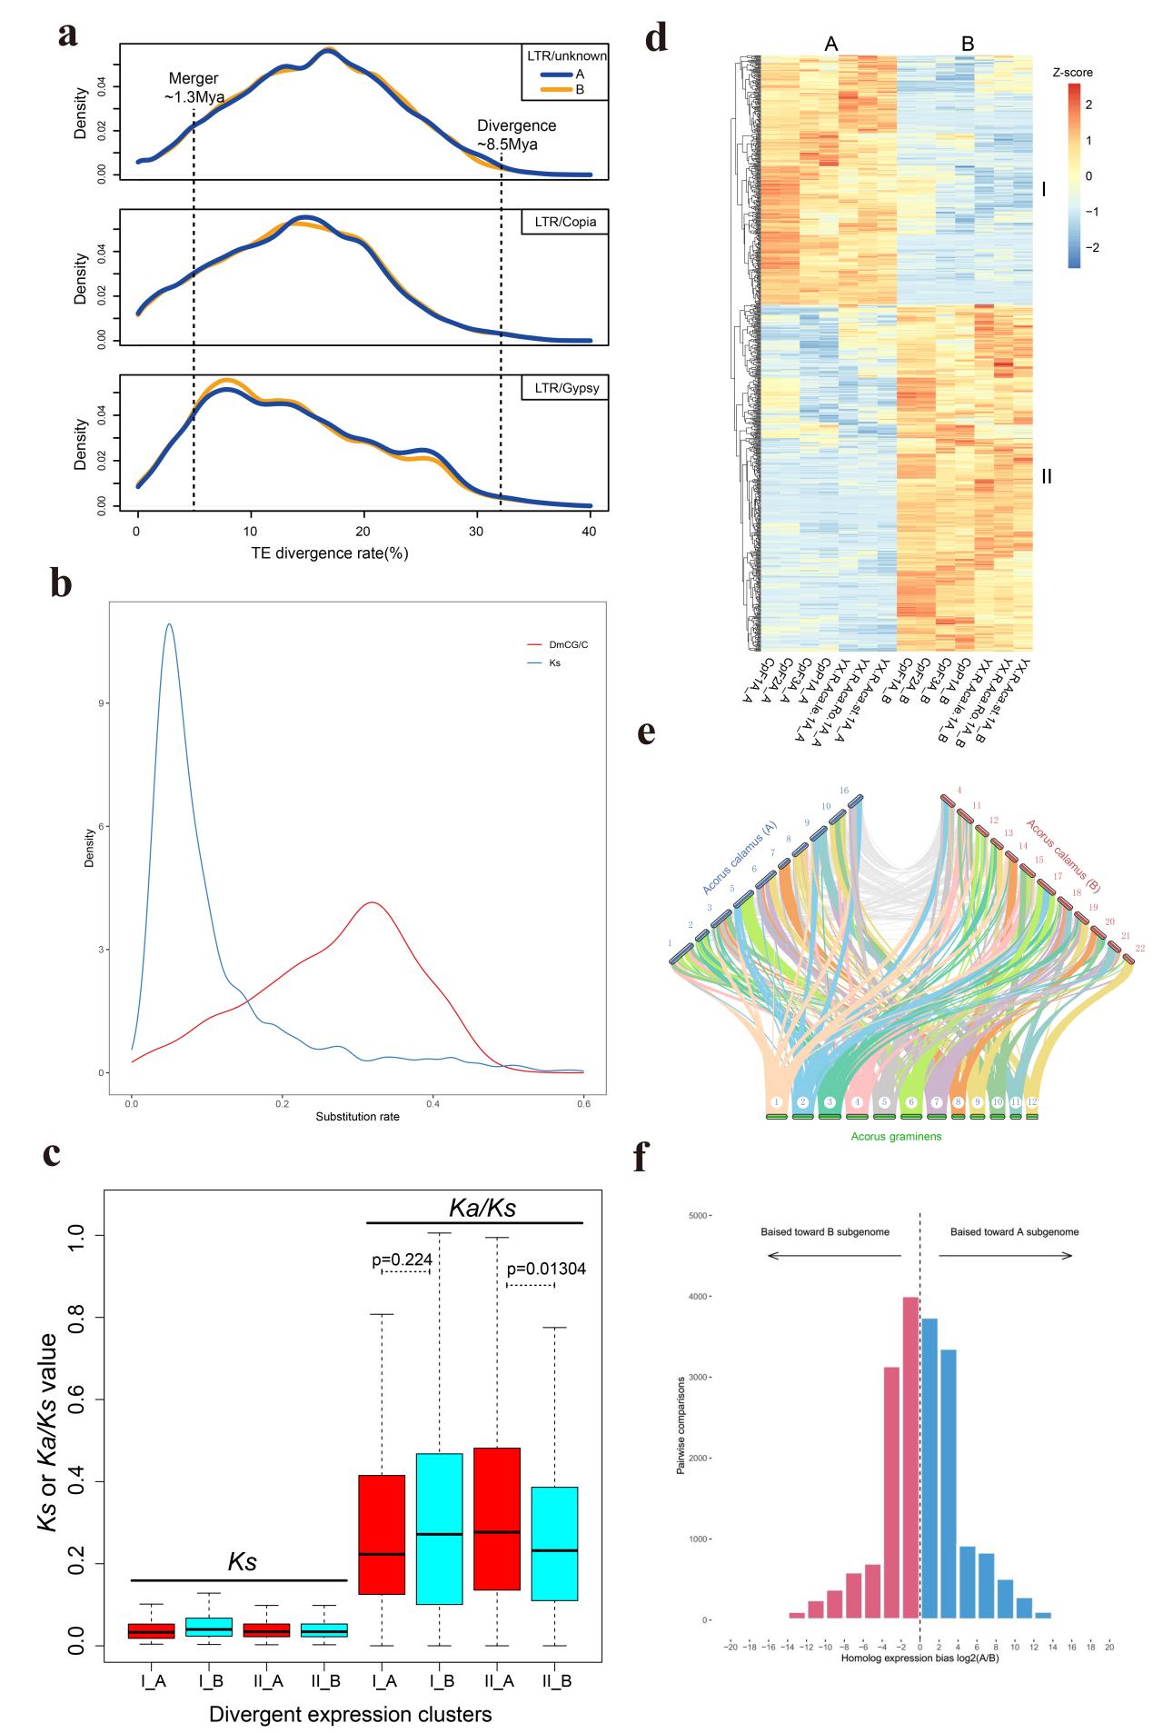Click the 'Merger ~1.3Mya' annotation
pos(194,88)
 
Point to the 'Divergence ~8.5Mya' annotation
pos(516,134)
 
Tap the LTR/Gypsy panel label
pos(563,389)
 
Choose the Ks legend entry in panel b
pos(543,663)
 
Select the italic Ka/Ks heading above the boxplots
pos(483,1208)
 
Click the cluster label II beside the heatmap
pos(1046,475)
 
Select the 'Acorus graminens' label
pos(896,1136)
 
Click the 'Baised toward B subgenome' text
pos(824,1232)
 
